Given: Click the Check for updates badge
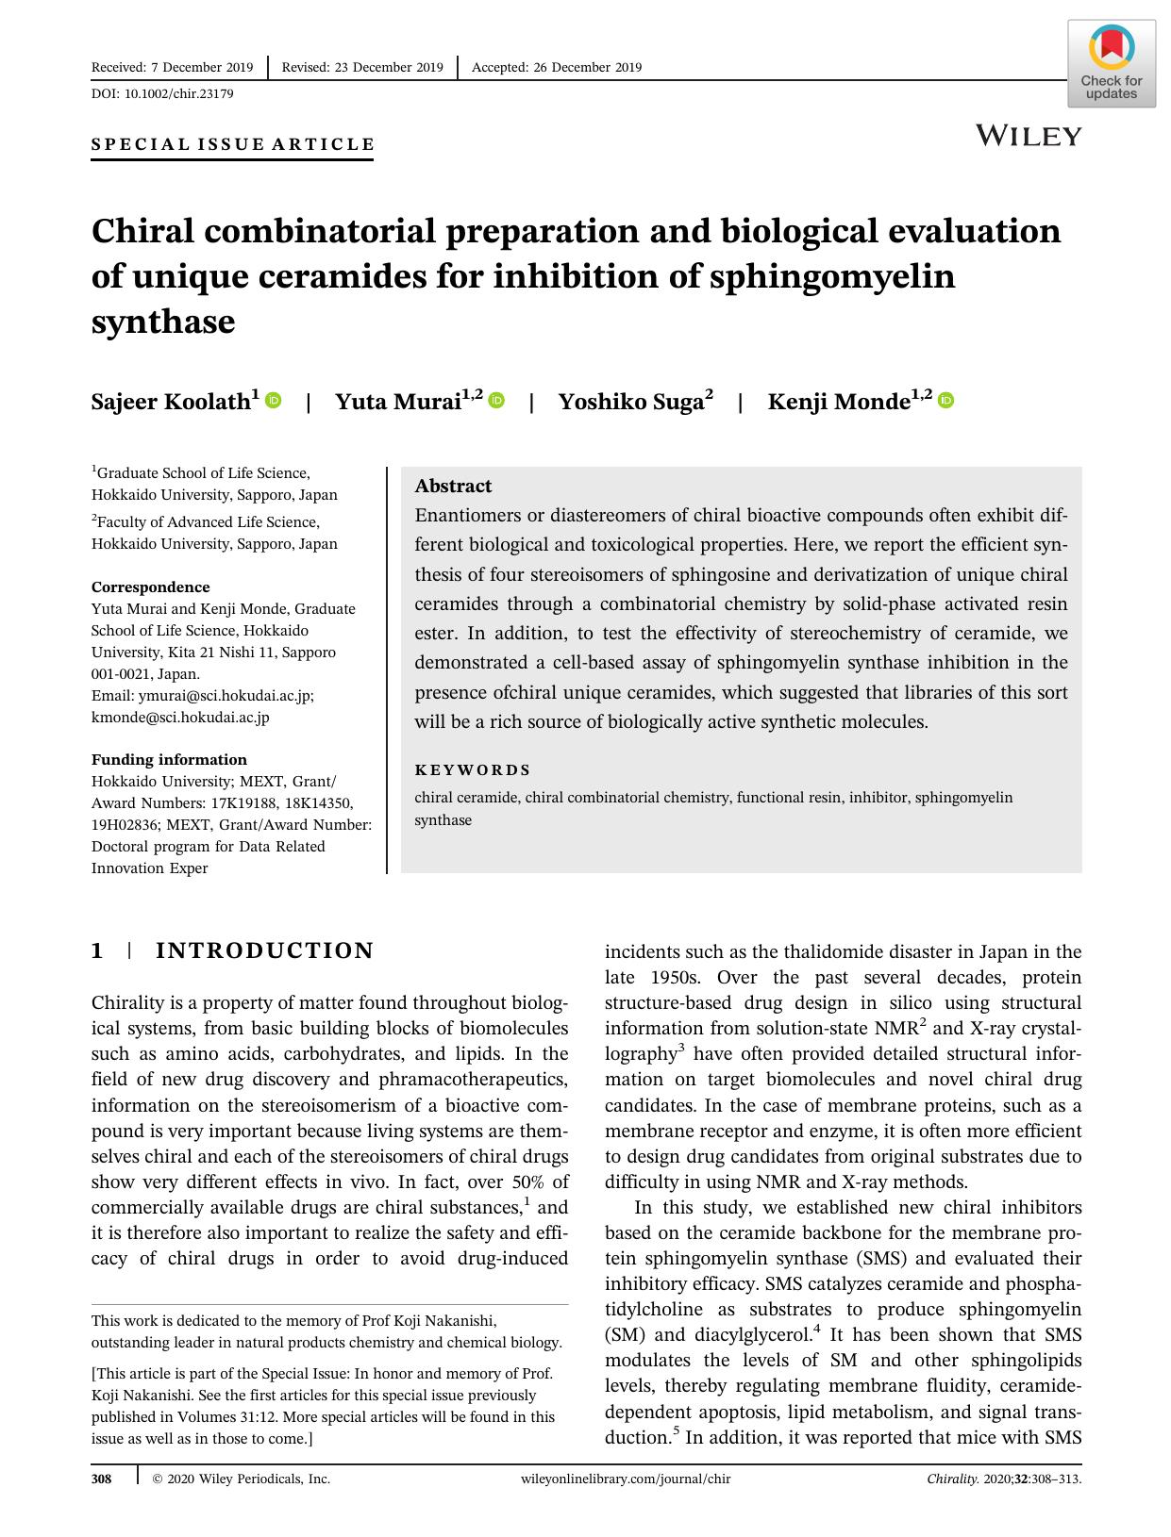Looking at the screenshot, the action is pyautogui.click(x=1111, y=63).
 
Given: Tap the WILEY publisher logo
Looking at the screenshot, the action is pyautogui.click(x=1029, y=136).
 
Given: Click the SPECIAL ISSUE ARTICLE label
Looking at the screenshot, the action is pyautogui.click(x=232, y=144).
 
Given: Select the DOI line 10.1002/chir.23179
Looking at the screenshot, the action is pyautogui.click(x=162, y=93).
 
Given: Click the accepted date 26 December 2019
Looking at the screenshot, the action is pyautogui.click(x=556, y=67).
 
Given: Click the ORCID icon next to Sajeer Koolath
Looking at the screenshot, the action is pyautogui.click(x=274, y=400).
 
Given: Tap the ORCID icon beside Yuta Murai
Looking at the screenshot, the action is pyautogui.click(x=496, y=400).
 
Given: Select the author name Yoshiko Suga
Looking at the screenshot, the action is pyautogui.click(x=630, y=402).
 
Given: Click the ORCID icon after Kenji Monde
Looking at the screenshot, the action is pyautogui.click(x=945, y=400).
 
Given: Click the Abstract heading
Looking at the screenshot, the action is pyautogui.click(x=453, y=486).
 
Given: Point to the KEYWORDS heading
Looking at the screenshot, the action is pyautogui.click(x=473, y=769).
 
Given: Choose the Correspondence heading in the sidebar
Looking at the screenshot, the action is pyautogui.click(x=150, y=587).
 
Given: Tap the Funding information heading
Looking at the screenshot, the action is pyautogui.click(x=169, y=759).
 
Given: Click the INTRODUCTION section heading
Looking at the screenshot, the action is pyautogui.click(x=264, y=950).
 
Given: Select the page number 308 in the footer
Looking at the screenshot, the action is pyautogui.click(x=101, y=1479).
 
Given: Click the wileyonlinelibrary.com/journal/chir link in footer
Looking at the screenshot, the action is pyautogui.click(x=625, y=1479).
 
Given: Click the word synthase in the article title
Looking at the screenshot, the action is pyautogui.click(x=162, y=322).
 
